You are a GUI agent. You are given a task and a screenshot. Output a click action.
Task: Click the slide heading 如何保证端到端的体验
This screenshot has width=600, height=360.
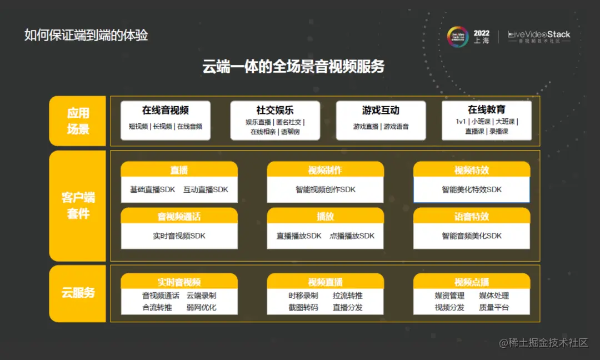(86, 35)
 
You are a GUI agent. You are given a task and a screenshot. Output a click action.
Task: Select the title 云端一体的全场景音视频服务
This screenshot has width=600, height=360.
(293, 67)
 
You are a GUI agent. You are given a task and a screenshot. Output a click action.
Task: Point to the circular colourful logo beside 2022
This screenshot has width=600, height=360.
(458, 37)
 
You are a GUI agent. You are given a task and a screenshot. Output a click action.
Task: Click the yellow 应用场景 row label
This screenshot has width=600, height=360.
(78, 121)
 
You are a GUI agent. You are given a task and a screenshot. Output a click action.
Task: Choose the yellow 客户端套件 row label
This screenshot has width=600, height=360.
(78, 205)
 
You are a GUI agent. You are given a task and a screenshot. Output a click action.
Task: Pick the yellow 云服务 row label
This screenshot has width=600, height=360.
(78, 293)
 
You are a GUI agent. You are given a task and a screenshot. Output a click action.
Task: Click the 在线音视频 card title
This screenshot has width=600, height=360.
(165, 110)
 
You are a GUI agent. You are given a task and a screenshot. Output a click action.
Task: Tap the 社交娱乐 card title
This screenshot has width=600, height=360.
(274, 110)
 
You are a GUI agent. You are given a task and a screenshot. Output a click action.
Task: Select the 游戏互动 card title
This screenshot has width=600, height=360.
(381, 110)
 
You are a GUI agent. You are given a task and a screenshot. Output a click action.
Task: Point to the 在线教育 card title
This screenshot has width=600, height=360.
(486, 110)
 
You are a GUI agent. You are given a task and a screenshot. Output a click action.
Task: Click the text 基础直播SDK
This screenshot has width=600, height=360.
(152, 189)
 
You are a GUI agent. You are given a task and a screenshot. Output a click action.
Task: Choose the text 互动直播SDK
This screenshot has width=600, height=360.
(206, 189)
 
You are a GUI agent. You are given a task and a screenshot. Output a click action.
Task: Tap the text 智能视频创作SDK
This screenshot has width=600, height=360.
(325, 189)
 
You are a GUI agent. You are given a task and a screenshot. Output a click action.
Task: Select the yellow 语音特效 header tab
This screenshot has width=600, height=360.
(471, 216)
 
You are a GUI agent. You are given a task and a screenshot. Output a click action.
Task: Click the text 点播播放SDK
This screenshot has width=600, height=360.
(352, 236)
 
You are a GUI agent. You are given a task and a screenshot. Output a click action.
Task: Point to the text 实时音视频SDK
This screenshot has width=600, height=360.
(179, 236)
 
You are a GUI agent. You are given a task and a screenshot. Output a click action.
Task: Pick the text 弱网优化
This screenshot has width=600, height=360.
(201, 307)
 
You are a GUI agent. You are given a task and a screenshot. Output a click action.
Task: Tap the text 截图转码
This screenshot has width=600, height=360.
(303, 307)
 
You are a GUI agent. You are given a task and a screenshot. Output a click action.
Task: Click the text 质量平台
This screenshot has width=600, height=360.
(494, 307)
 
